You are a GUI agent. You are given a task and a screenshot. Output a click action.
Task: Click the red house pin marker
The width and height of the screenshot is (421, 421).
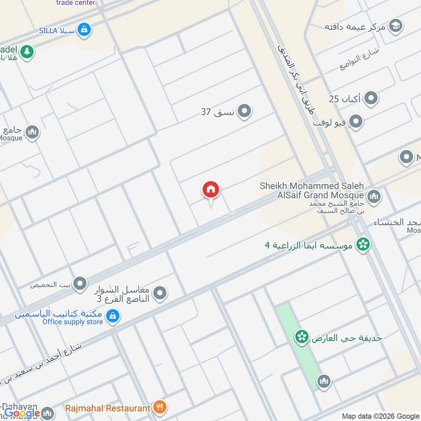click(x=211, y=190)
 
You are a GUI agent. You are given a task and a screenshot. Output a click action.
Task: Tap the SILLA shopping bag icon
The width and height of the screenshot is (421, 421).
click(x=83, y=30)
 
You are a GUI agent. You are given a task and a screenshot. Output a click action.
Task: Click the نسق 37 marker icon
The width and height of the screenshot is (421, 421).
click(x=244, y=111)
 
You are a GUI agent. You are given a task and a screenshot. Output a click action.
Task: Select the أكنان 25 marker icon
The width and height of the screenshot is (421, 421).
click(x=372, y=98)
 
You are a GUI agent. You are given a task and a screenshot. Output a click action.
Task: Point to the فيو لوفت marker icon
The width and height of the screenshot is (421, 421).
click(x=357, y=122)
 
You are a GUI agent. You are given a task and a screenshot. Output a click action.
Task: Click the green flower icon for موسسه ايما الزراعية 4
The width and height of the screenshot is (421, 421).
click(x=362, y=244)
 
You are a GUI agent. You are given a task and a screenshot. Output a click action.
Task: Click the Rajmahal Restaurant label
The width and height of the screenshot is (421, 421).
click(x=107, y=407)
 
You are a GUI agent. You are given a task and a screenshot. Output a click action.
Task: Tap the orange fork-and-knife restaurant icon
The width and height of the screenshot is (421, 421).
click(x=161, y=407)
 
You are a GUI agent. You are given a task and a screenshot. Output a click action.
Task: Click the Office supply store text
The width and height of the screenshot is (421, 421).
click(x=73, y=322)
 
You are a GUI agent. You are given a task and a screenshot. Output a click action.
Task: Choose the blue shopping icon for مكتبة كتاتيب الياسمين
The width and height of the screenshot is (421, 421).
click(x=112, y=316)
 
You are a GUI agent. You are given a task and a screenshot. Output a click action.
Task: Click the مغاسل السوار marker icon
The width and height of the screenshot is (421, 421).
click(x=161, y=293)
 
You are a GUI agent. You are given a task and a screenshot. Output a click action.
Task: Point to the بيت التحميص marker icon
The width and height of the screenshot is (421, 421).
click(x=80, y=285)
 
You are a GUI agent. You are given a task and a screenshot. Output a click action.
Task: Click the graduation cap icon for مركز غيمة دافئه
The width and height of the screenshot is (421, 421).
click(x=396, y=25)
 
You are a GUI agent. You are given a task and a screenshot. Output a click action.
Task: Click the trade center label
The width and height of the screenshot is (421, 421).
click(x=76, y=3)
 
